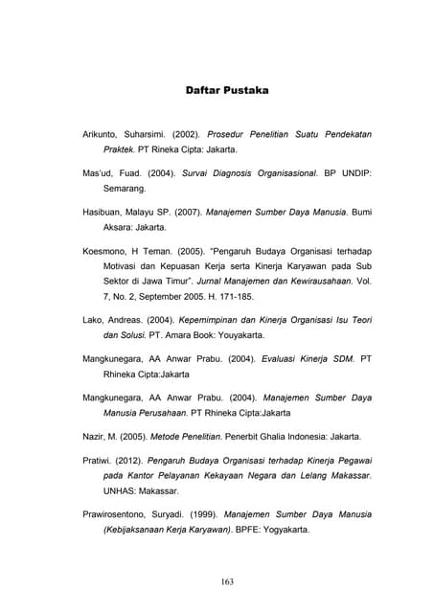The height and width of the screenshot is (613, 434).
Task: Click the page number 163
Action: [x=227, y=581]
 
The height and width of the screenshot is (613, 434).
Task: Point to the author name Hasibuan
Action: [x=106, y=210]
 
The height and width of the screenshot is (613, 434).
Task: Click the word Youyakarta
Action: [x=234, y=336]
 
